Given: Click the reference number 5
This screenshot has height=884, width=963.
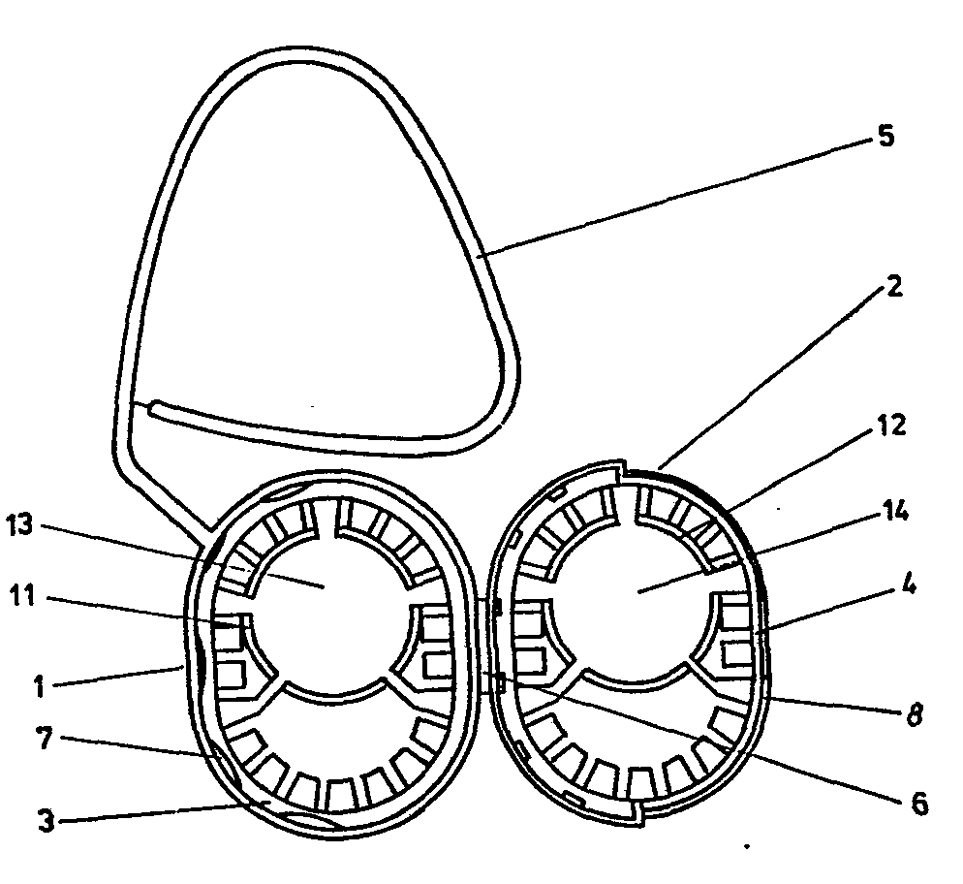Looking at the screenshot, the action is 885,136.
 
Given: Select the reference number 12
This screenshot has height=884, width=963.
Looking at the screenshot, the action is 891,426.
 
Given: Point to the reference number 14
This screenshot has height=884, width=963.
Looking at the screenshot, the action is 894,509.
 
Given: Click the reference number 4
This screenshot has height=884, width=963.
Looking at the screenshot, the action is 909,584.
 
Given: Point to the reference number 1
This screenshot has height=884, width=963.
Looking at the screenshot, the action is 39,686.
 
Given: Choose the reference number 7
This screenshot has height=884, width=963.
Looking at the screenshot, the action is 45,739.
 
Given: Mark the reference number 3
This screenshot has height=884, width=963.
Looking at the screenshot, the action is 47,821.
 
